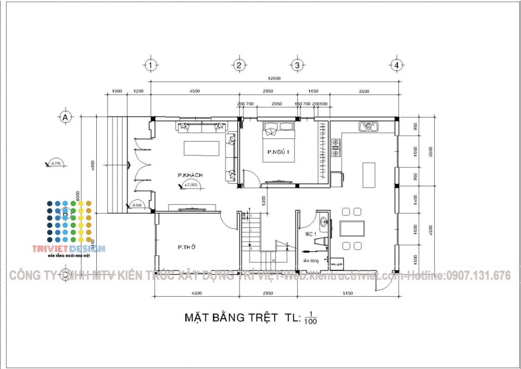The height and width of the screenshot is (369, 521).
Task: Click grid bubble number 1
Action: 150,65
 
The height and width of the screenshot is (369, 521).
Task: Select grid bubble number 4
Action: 397,65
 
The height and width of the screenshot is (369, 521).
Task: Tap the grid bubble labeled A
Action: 65,117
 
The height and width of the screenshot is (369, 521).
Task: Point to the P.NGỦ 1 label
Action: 278,152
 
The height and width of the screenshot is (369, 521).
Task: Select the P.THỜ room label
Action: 187,248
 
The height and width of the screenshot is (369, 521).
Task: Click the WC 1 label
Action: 310,234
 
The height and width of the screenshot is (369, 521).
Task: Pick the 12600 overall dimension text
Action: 273,78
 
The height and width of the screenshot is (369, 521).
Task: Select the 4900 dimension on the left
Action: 92,165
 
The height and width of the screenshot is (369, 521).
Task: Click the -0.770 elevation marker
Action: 56,163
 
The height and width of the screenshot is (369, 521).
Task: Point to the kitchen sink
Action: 369,126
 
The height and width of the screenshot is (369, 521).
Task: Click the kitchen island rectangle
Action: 369,175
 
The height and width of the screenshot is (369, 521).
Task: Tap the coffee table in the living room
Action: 201,149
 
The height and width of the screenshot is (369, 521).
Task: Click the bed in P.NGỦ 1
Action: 279,142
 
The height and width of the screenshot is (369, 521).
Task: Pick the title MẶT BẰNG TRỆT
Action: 231,317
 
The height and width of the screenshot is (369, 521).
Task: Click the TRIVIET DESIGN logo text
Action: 68,249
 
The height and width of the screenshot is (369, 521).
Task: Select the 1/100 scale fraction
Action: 310,318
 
